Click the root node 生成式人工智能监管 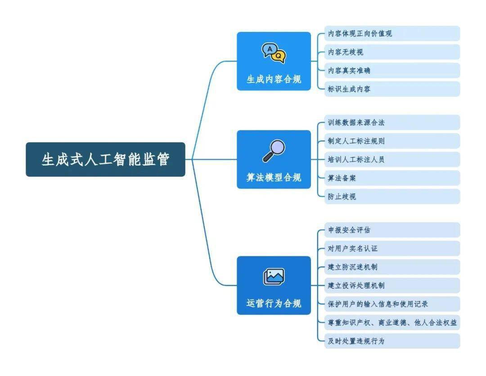click(x=105, y=159)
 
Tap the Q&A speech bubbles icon click(x=274, y=54)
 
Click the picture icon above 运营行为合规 click(x=274, y=277)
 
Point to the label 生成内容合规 click(x=274, y=80)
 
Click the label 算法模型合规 click(x=274, y=178)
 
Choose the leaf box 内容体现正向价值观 click(x=392, y=34)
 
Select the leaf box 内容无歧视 click(x=392, y=52)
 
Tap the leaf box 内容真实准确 click(x=392, y=71)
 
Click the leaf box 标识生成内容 click(x=392, y=89)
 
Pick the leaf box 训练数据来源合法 click(x=392, y=122)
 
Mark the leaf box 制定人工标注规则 click(x=392, y=141)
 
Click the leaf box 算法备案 click(x=392, y=178)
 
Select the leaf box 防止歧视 click(x=392, y=197)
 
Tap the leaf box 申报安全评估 click(x=392, y=230)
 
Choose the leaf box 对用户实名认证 click(x=392, y=248)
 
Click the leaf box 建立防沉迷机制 click(x=392, y=267)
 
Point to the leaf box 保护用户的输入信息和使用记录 click(x=392, y=304)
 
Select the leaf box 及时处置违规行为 click(x=392, y=341)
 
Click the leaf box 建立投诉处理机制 click(x=392, y=286)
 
